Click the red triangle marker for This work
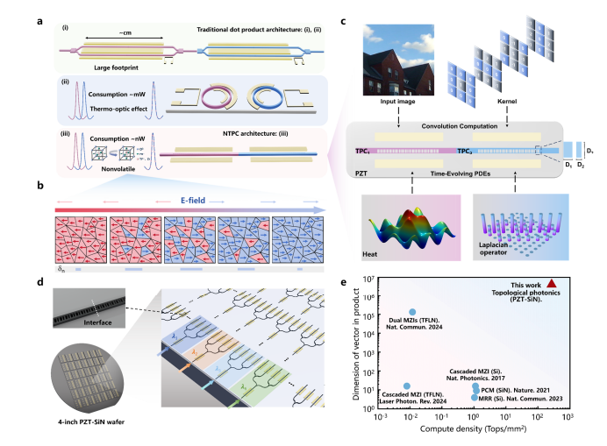pos(551,283)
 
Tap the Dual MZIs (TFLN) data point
pos(413,312)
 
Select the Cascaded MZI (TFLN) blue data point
pos(407,386)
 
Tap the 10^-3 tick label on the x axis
pos(381,417)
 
